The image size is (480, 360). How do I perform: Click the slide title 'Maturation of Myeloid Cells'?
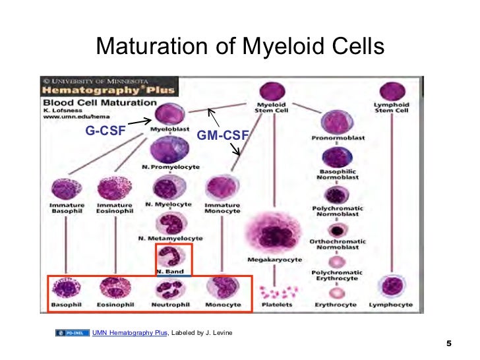click(239, 47)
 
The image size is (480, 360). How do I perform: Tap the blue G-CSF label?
click(105, 131)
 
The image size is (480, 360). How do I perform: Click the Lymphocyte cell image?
click(394, 288)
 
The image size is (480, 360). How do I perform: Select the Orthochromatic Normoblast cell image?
click(338, 230)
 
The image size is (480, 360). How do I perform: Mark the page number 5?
click(449, 344)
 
